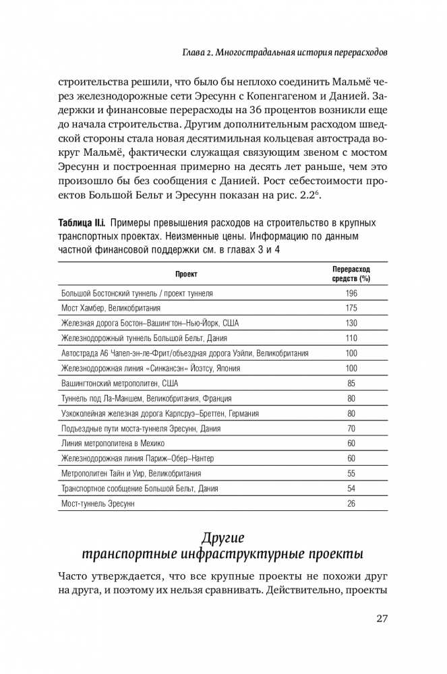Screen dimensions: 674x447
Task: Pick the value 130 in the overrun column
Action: [x=351, y=323]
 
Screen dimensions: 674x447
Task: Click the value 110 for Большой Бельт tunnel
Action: [x=351, y=338]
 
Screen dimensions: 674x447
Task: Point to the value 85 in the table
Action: [x=351, y=384]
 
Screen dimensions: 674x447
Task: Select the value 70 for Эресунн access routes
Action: [x=351, y=429]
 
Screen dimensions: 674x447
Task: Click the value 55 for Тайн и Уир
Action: [x=351, y=474]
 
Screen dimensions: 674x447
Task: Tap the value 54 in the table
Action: [x=351, y=489]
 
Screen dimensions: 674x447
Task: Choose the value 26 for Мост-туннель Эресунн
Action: [x=351, y=504]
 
